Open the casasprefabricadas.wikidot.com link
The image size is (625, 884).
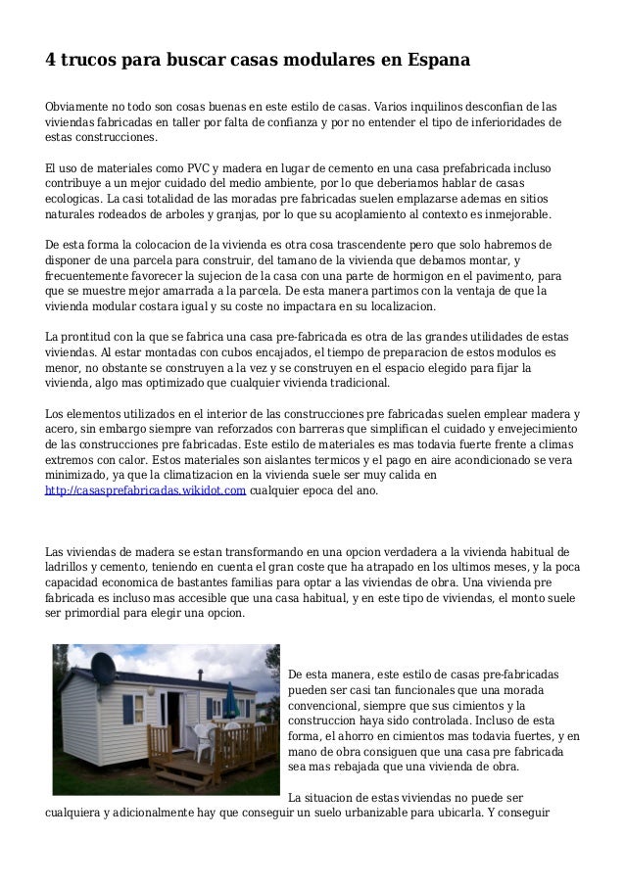[146, 489]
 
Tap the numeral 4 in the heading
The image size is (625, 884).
[51, 60]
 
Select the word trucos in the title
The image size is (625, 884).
[93, 60]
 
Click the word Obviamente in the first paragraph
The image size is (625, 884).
[83, 106]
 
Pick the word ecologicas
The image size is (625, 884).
[76, 199]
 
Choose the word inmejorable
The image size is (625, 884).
[513, 215]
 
